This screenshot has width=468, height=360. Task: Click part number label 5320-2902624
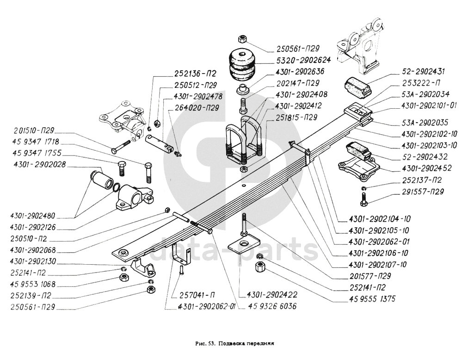[303, 60]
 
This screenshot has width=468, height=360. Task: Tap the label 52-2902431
[423, 72]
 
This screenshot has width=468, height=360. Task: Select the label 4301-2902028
[39, 165]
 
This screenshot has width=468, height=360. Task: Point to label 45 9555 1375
[372, 299]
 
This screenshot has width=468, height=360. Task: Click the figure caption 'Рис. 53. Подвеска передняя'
[234, 343]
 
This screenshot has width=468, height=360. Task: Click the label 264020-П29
[197, 107]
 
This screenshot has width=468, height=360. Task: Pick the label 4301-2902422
[272, 295]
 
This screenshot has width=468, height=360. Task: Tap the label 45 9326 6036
[272, 307]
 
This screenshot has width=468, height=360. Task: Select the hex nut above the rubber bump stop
[242, 39]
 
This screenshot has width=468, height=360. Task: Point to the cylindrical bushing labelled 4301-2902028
[101, 179]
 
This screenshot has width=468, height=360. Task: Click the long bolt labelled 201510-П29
[121, 147]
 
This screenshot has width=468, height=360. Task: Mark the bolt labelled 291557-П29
[364, 199]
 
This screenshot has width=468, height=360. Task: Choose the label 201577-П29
[370, 276]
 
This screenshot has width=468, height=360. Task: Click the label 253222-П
[421, 83]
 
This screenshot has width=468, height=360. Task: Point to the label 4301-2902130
[33, 261]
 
